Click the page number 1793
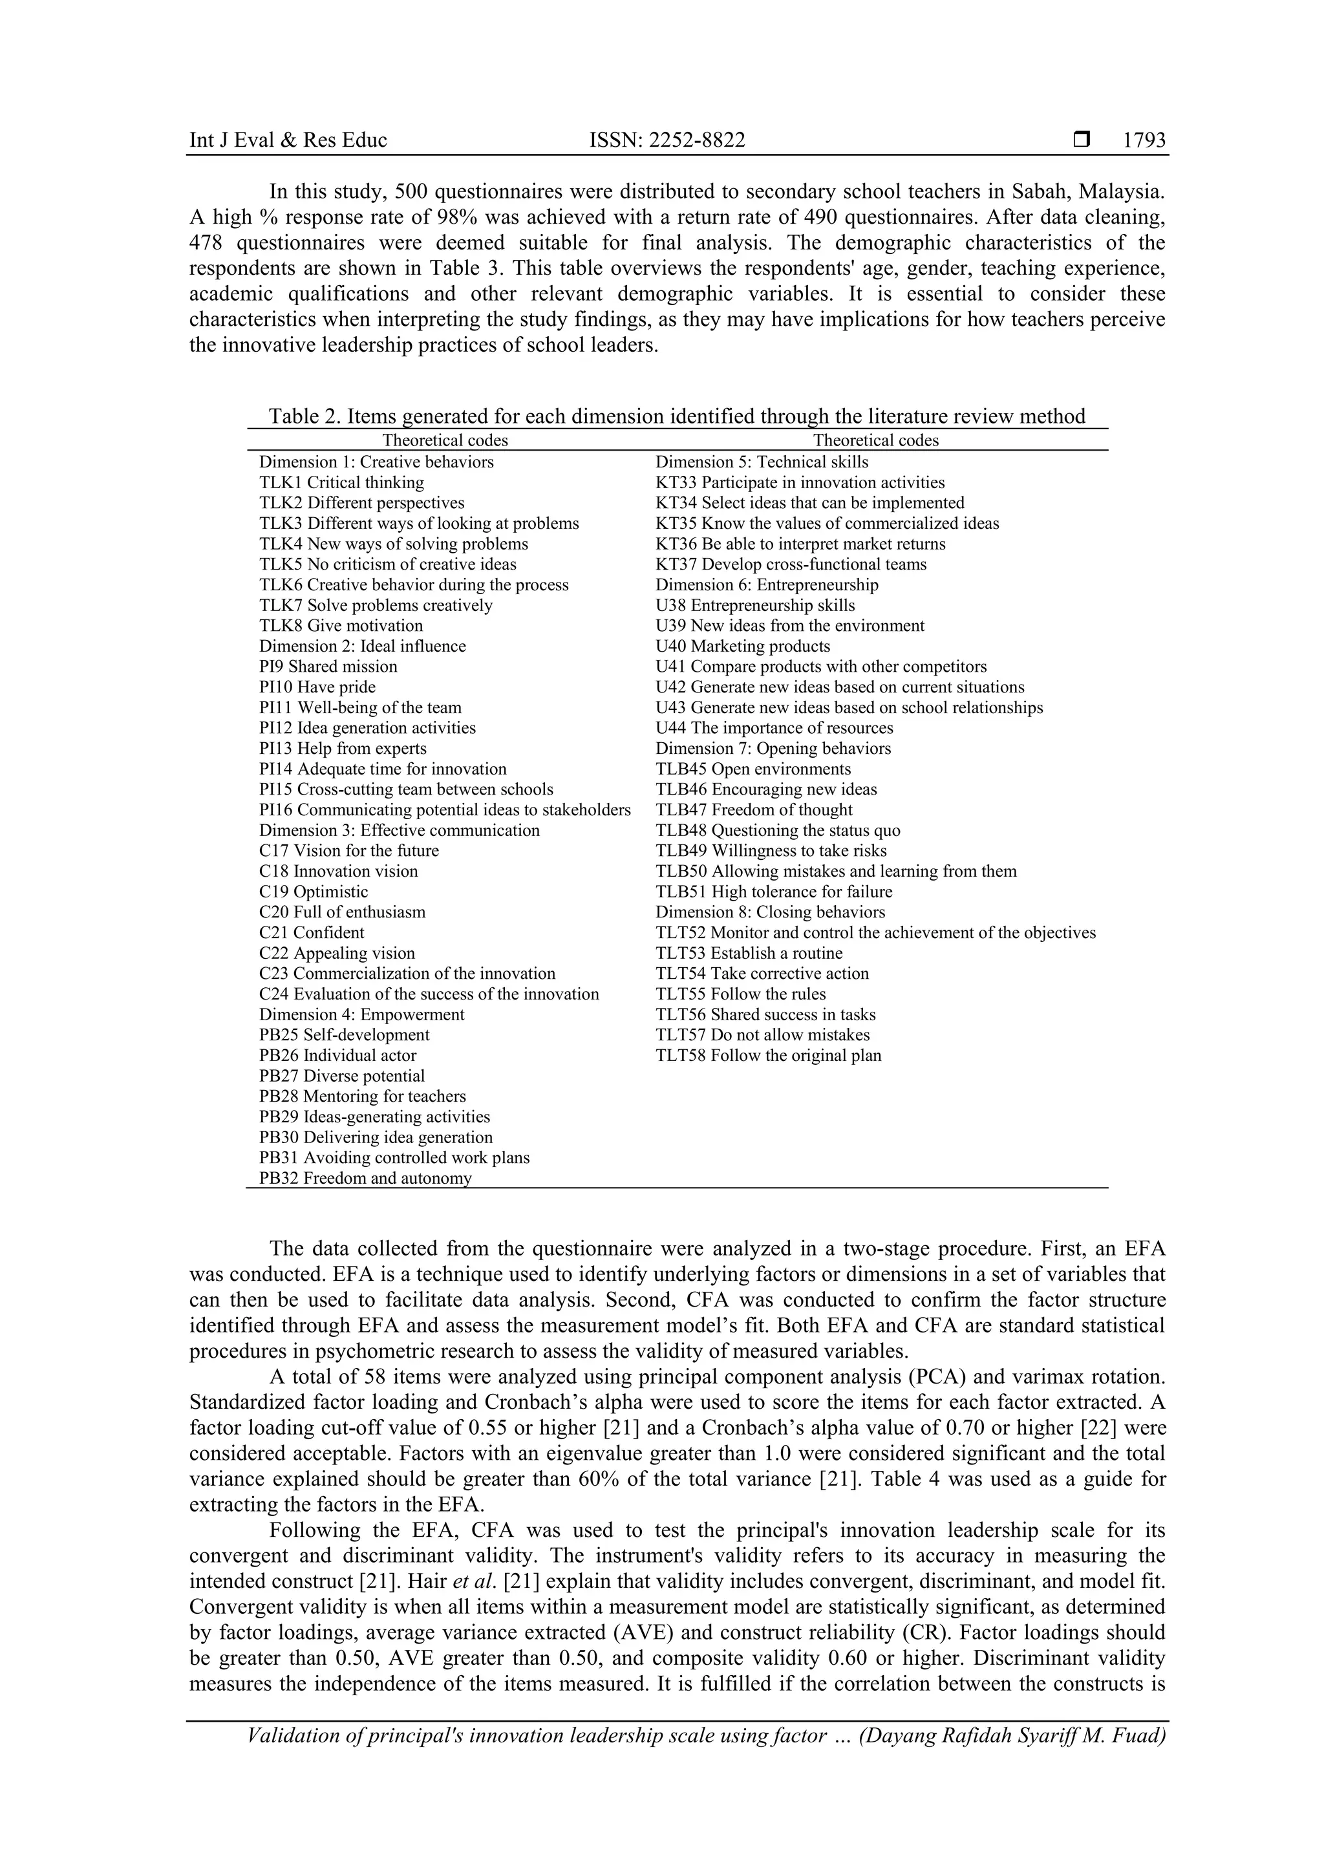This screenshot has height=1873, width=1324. pyautogui.click(x=1144, y=140)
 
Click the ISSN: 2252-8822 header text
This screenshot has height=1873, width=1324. pyautogui.click(x=667, y=140)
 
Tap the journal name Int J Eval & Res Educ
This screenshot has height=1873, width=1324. pyautogui.click(x=288, y=140)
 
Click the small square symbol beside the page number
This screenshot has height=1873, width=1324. pyautogui.click(x=1082, y=140)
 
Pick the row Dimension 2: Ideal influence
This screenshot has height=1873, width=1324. pyautogui.click(x=362, y=646)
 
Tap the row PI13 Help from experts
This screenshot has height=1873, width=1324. pyautogui.click(x=343, y=748)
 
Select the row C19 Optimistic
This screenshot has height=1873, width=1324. pyautogui.click(x=314, y=892)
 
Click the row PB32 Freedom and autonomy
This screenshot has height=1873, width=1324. pyautogui.click(x=365, y=1178)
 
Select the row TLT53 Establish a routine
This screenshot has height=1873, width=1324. pyautogui.click(x=749, y=953)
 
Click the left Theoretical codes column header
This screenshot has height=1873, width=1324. pyautogui.click(x=445, y=440)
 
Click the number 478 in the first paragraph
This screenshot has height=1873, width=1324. pyautogui.click(x=208, y=243)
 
